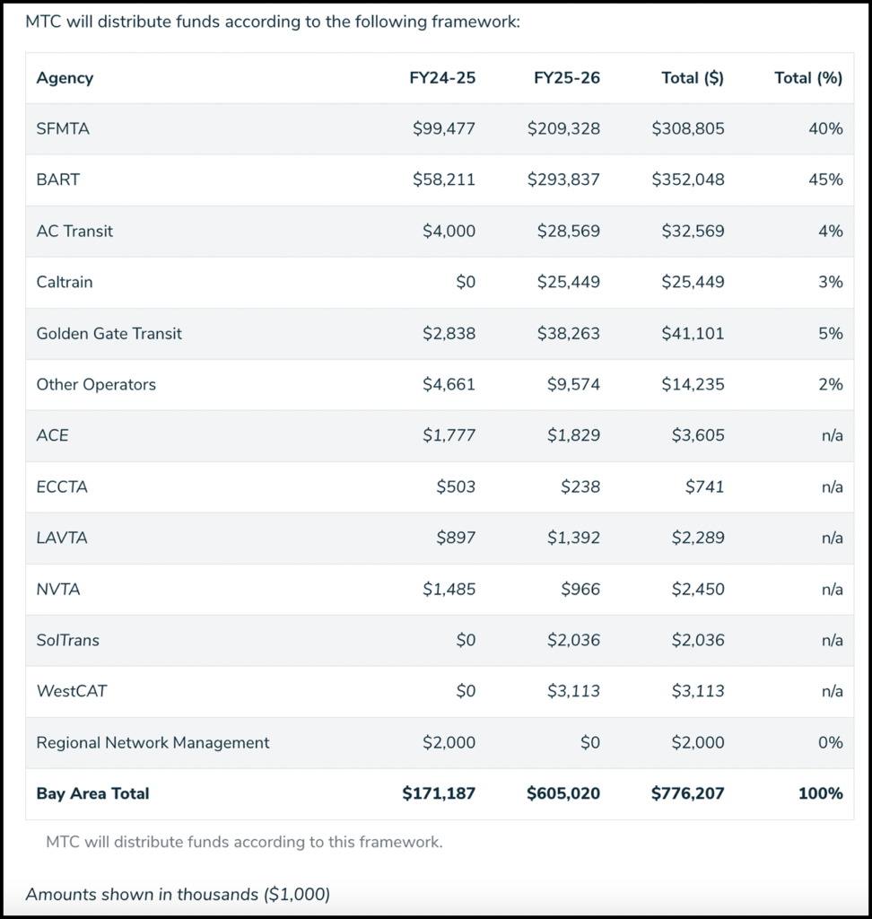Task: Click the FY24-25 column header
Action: tap(442, 78)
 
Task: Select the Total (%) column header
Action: tap(808, 78)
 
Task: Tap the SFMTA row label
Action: tap(63, 128)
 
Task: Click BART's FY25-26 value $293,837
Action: tap(563, 179)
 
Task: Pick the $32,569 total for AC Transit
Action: tap(689, 231)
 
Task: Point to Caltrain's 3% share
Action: tap(831, 282)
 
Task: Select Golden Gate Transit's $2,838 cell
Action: tap(449, 333)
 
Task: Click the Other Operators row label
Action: tap(96, 384)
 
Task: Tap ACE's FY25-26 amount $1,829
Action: tap(573, 435)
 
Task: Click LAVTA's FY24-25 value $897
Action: tap(457, 538)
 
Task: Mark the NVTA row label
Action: tap(58, 589)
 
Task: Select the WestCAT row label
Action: tap(72, 691)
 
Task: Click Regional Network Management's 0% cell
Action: tap(831, 742)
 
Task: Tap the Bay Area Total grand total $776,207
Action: tap(688, 793)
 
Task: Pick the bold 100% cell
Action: tap(820, 793)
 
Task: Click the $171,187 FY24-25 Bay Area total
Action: tap(439, 793)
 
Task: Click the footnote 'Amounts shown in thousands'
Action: tap(178, 894)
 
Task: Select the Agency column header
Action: tap(65, 78)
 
